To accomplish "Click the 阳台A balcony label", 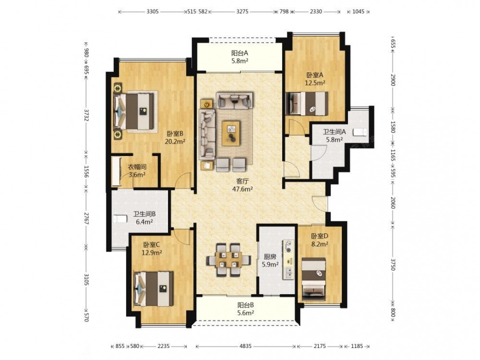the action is (240, 53).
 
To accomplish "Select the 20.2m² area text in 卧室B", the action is (175, 142).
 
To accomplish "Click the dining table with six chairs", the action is (228, 260).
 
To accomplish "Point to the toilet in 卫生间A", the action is (360, 132).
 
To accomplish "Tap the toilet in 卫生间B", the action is (120, 219).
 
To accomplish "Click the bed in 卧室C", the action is (154, 288).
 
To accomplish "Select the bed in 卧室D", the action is (314, 278).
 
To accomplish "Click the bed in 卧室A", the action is (307, 104).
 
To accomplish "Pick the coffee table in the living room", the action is (231, 133).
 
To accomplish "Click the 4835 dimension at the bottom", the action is (245, 346).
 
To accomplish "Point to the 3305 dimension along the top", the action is (153, 12).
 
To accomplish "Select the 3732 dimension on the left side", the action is (86, 115).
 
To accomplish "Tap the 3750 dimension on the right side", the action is (394, 264).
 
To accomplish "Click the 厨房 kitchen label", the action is (270, 257).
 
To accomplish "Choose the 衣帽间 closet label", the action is (137, 167).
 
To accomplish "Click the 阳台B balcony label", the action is (245, 305).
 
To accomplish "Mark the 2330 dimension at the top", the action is (316, 12).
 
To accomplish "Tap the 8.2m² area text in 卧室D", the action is (320, 244).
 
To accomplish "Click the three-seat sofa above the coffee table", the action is (235, 100).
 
